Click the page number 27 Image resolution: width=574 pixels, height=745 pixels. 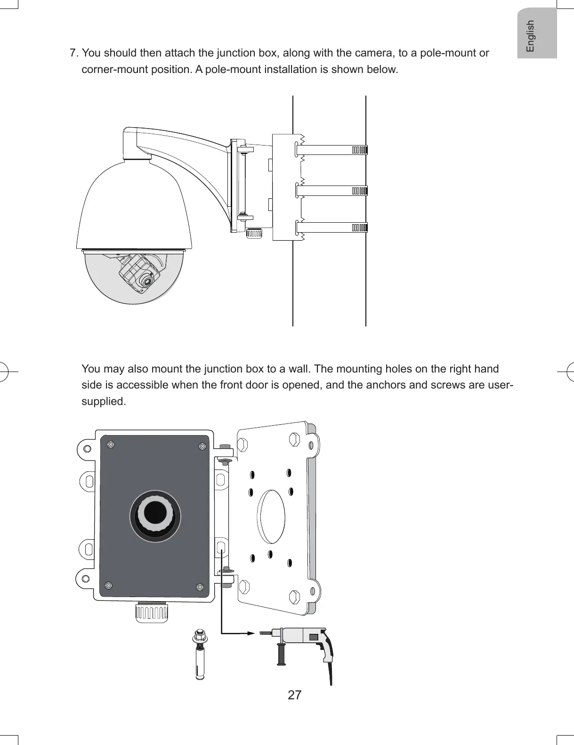[x=294, y=695]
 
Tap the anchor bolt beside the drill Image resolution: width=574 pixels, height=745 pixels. [x=201, y=655]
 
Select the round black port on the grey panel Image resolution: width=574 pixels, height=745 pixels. [x=155, y=515]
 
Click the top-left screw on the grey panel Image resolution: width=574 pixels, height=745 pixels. [x=111, y=444]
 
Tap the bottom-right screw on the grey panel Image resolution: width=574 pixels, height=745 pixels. [x=200, y=587]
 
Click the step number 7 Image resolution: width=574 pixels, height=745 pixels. [x=73, y=53]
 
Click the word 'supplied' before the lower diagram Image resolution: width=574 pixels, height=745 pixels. [x=103, y=402]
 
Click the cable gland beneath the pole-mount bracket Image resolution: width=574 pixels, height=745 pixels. [x=255, y=233]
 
